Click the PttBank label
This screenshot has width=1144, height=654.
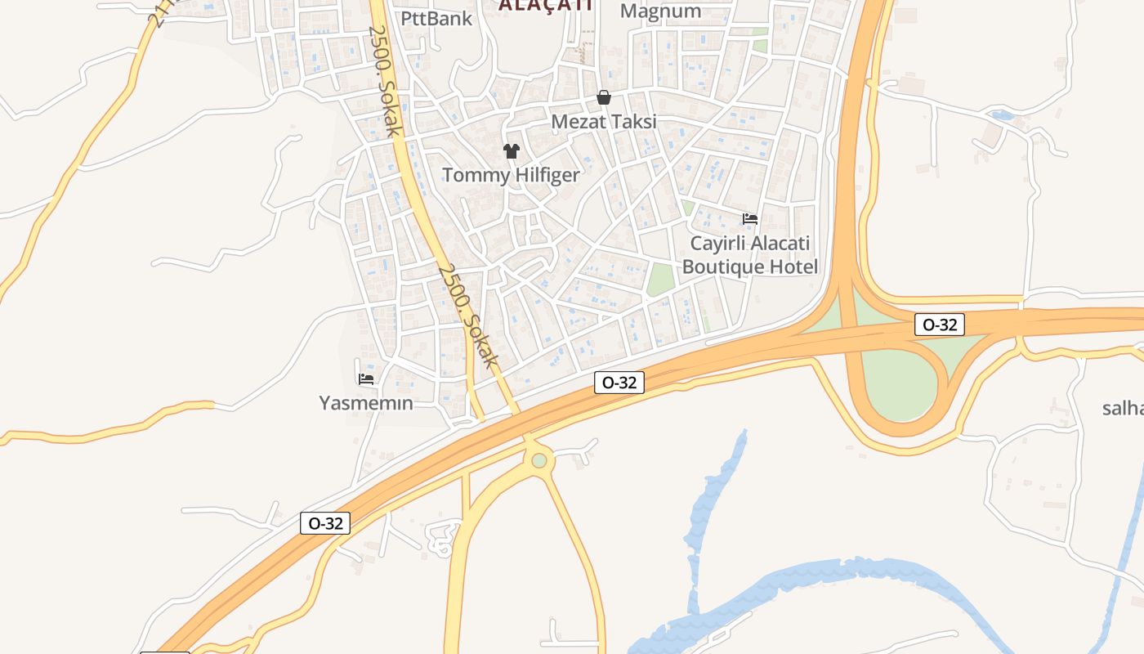436,18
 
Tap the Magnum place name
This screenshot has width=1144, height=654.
660,11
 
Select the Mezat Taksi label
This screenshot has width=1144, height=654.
604,122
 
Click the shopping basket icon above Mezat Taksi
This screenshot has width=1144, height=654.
604,98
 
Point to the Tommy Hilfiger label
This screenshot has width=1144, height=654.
511,175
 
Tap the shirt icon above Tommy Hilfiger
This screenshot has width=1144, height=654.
512,151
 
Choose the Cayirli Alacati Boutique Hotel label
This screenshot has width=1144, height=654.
749,255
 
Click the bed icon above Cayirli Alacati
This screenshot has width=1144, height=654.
750,218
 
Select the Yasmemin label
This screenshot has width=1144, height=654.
365,403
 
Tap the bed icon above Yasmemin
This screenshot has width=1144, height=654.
366,379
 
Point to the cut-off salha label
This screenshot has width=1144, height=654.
1123,409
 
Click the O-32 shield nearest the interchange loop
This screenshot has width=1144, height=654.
940,325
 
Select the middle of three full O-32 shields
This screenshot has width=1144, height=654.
619,382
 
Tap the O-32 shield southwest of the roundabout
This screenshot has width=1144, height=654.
325,523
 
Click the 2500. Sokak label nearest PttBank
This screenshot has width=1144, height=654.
384,80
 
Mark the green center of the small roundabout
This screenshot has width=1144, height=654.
539,461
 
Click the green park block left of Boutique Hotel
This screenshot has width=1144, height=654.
661,280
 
